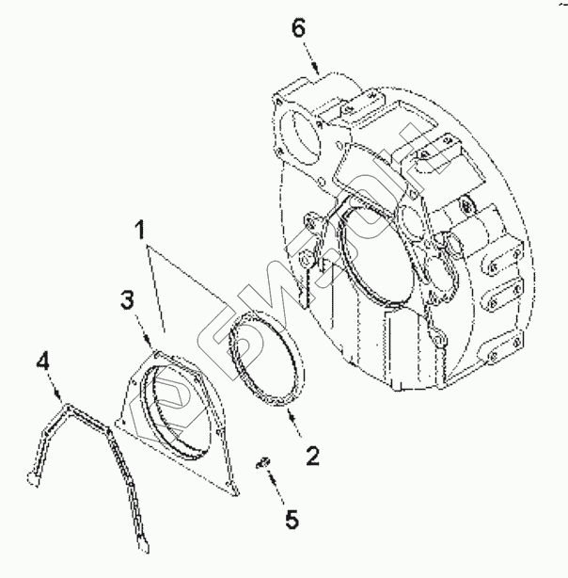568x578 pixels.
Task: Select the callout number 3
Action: click(x=131, y=301)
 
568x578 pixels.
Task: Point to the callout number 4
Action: click(x=43, y=361)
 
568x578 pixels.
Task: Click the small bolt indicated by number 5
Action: click(x=264, y=460)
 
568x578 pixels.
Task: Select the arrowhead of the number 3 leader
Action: click(x=153, y=345)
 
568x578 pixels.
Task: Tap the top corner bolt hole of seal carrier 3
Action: click(x=157, y=351)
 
